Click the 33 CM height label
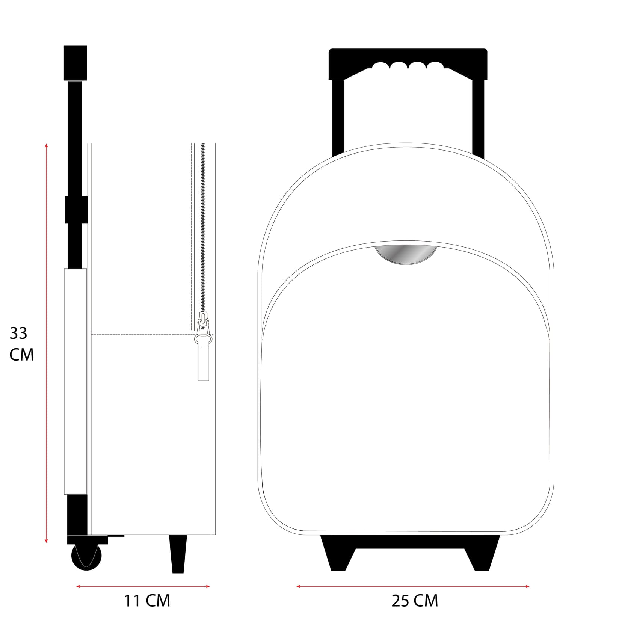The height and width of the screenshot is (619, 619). point(21,344)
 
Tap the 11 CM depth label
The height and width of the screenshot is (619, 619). point(147,601)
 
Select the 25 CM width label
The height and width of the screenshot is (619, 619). point(415,601)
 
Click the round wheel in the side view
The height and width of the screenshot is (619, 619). point(86,557)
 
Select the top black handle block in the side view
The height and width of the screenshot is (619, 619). point(75,63)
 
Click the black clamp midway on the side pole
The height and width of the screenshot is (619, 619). point(76,210)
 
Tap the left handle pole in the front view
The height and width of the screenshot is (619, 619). point(338,116)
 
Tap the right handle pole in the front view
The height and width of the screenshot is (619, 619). point(478,116)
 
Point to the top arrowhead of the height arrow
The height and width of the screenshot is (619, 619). point(46,145)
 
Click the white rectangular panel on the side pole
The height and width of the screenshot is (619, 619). point(75,381)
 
